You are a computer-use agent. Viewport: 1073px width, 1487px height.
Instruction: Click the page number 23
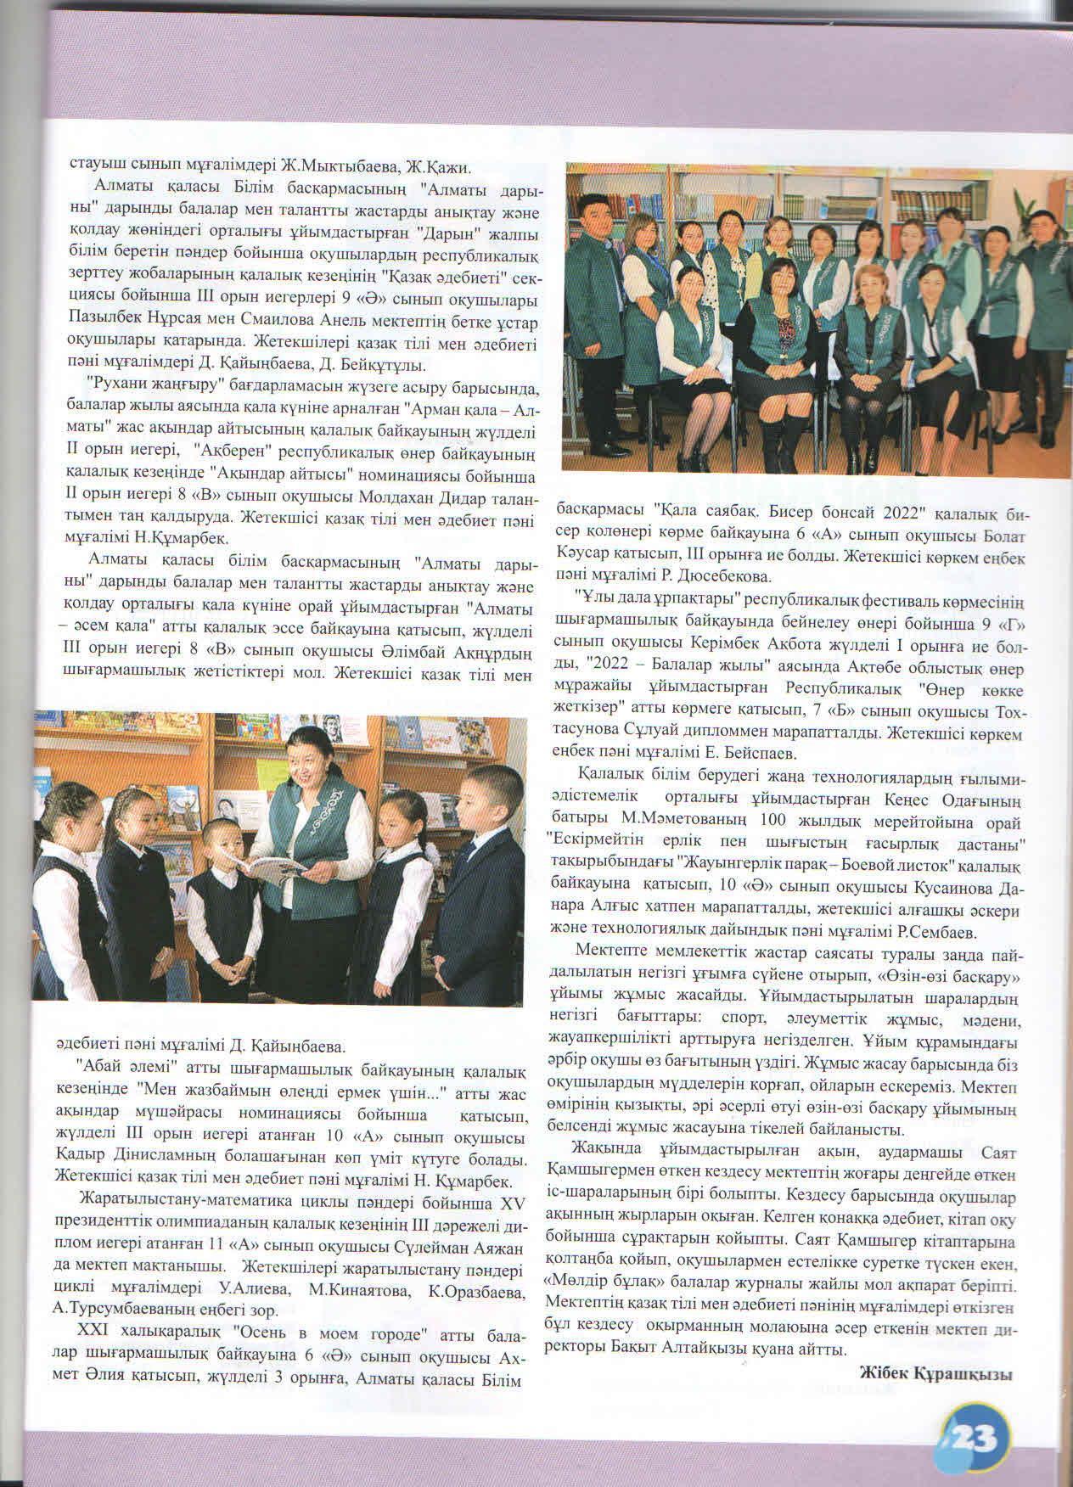(x=975, y=1435)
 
